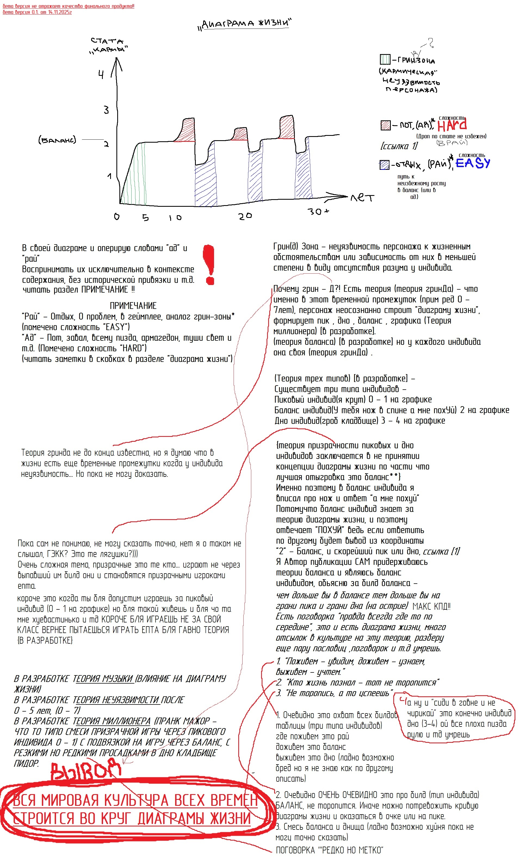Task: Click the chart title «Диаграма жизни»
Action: pyautogui.click(x=245, y=24)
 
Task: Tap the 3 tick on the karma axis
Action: pyautogui.click(x=106, y=110)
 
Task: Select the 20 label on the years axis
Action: pyautogui.click(x=245, y=216)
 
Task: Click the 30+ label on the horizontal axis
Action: pyautogui.click(x=318, y=211)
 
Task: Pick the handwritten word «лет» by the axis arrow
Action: pyautogui.click(x=362, y=198)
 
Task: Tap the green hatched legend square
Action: pyautogui.click(x=385, y=60)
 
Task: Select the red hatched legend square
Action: pyautogui.click(x=385, y=125)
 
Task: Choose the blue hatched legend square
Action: pyautogui.click(x=384, y=165)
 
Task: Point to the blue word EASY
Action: pyautogui.click(x=473, y=163)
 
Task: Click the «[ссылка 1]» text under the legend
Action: pyautogui.click(x=399, y=146)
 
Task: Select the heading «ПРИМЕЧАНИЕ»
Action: pyautogui.click(x=133, y=306)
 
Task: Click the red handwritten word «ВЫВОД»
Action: pyautogui.click(x=85, y=771)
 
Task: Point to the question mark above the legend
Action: pyautogui.click(x=431, y=43)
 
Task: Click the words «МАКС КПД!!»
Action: pyautogui.click(x=431, y=606)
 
